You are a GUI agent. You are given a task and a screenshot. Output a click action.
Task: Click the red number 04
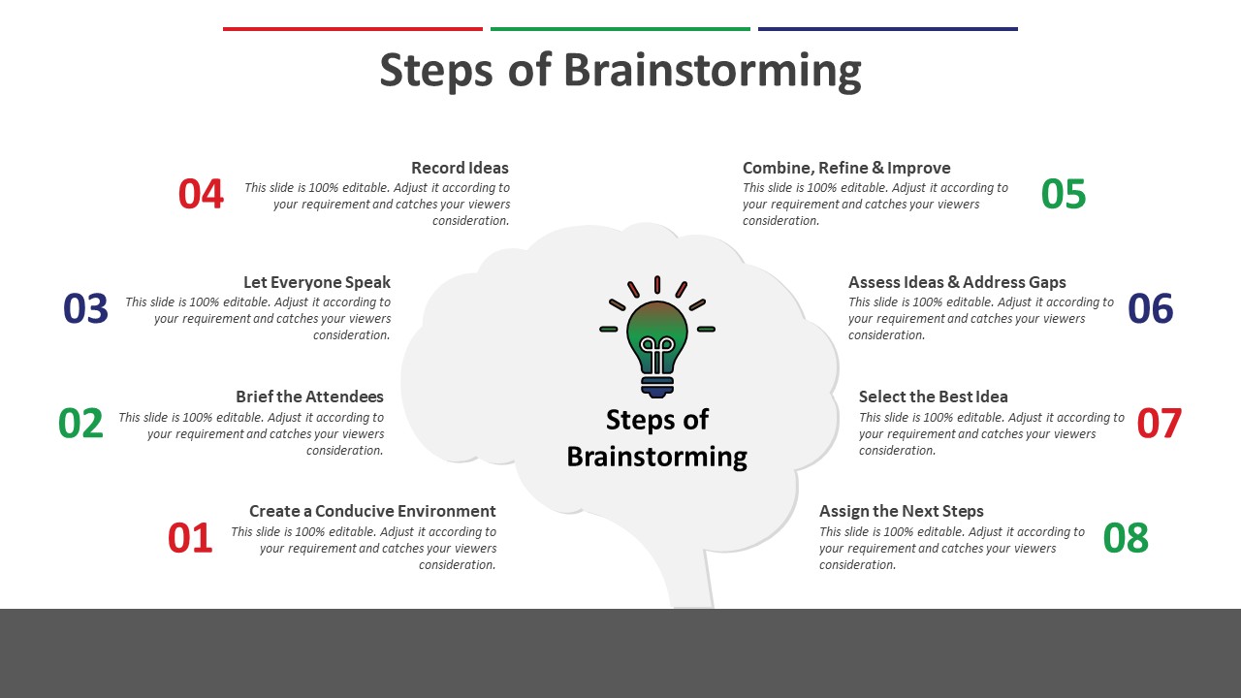click(x=201, y=194)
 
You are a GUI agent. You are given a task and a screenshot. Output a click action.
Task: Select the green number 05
click(x=1064, y=194)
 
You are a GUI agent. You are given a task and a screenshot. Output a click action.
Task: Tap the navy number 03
click(x=85, y=308)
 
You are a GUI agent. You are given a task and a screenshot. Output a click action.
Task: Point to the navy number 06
click(x=1151, y=308)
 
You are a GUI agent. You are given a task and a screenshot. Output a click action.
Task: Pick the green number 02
click(x=80, y=424)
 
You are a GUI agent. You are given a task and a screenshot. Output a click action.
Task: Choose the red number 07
click(x=1160, y=424)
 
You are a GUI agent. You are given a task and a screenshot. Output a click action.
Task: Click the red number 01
click(x=190, y=538)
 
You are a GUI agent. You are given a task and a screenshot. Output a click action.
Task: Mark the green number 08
click(x=1126, y=538)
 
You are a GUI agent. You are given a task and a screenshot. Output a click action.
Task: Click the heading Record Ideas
click(x=460, y=168)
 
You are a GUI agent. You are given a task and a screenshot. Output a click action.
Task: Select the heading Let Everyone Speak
click(x=317, y=282)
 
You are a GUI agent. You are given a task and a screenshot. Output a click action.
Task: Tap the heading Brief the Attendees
click(x=309, y=397)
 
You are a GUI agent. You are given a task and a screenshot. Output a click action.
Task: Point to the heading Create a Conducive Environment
click(x=372, y=511)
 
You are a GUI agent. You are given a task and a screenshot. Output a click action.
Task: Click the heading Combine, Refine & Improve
click(x=846, y=168)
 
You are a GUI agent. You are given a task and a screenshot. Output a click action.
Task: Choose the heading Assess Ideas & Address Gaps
click(x=957, y=282)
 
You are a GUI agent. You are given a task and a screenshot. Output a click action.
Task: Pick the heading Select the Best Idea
click(x=933, y=397)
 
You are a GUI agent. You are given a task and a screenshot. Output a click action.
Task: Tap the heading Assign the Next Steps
click(x=901, y=511)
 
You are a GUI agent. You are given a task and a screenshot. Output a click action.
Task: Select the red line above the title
click(x=352, y=29)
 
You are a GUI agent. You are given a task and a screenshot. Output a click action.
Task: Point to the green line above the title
click(x=620, y=29)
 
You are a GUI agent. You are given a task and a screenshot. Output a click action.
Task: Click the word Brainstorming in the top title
click(x=712, y=71)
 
